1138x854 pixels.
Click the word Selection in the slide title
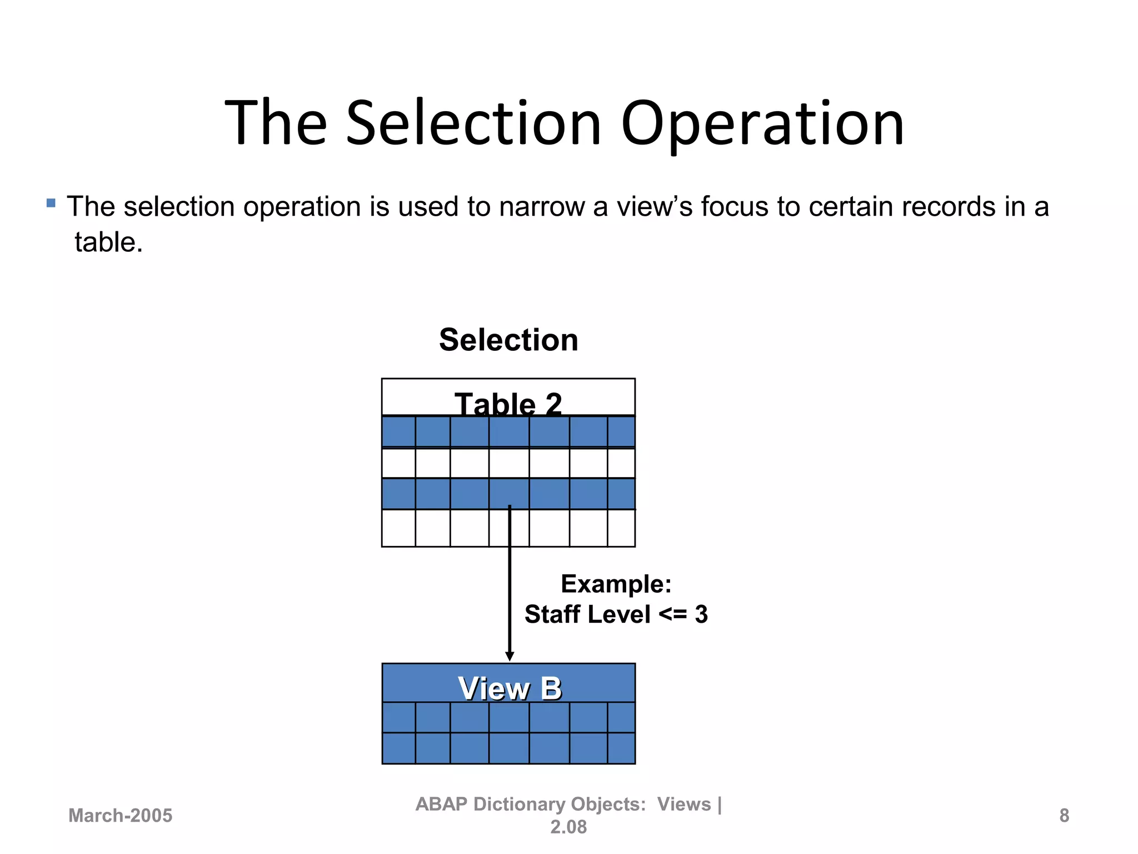473,123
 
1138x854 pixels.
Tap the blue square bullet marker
51,203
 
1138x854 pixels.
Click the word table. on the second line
109,242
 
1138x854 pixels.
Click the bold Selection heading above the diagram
508,340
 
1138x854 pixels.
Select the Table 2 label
508,403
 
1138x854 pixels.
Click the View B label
510,688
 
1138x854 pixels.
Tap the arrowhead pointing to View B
510,657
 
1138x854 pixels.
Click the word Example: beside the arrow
616,584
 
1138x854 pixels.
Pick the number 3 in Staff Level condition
701,614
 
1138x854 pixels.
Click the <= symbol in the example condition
673,614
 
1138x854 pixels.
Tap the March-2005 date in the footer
120,816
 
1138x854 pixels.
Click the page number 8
1064,816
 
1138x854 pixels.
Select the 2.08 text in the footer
568,827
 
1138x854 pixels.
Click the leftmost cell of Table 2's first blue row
398,431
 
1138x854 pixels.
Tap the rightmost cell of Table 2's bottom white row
621,528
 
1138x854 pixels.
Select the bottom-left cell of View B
399,748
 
